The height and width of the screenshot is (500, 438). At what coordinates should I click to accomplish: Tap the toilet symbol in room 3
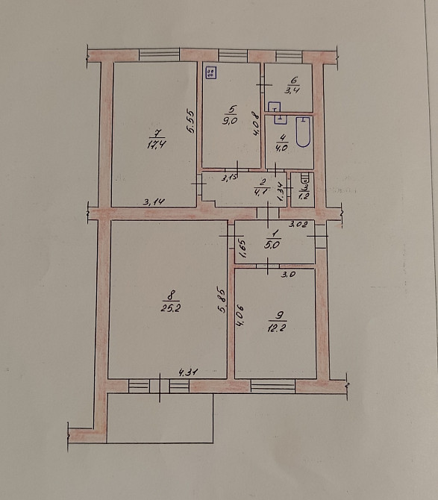303,179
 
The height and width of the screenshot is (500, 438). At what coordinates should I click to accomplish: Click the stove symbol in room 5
210,72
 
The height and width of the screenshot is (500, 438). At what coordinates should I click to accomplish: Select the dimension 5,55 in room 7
191,121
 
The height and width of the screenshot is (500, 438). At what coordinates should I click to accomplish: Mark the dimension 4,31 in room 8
187,371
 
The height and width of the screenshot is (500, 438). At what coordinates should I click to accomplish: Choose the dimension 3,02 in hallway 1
297,224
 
